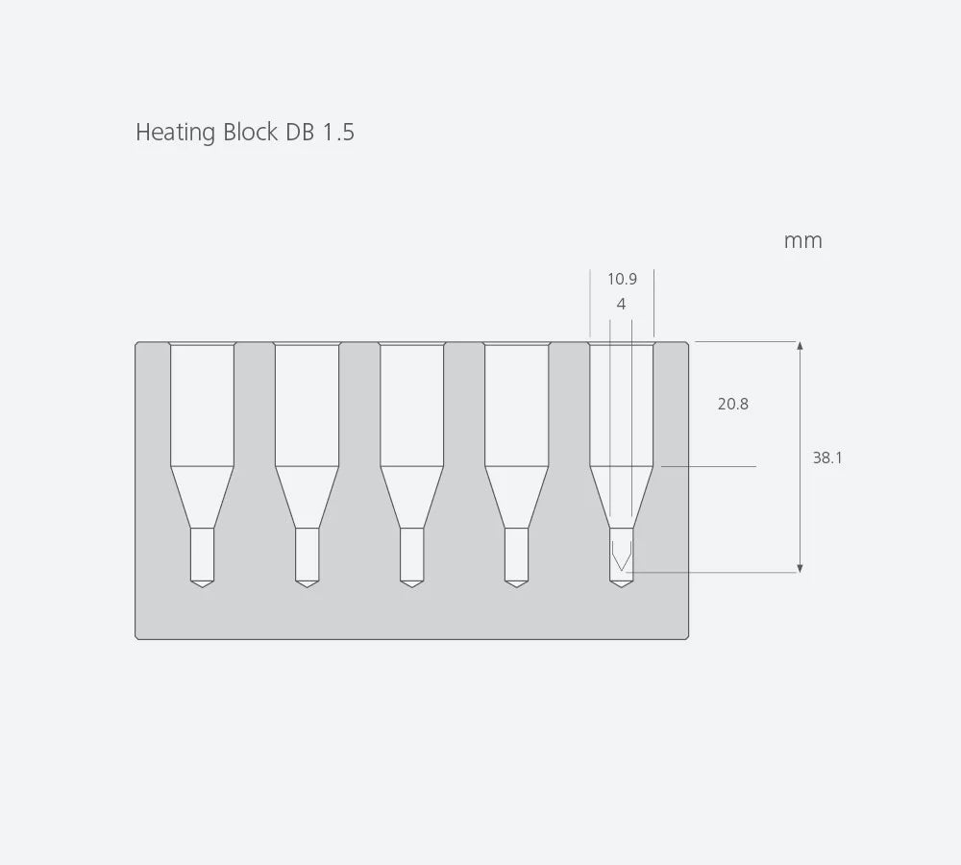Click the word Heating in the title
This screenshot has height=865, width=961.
176,133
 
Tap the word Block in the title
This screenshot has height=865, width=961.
250,133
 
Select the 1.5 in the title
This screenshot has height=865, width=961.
337,133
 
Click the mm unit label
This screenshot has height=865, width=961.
802,241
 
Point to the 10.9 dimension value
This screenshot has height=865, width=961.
622,280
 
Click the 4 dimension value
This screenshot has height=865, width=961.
622,304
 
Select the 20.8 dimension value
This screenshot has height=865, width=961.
732,405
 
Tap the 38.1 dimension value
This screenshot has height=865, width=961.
827,458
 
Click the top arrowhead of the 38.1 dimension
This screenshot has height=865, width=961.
800,346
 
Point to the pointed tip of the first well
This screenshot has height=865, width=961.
202,584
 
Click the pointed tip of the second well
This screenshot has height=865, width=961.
307,584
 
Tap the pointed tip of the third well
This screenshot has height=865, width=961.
411,584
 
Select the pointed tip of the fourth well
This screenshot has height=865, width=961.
516,584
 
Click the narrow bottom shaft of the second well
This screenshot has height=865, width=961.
307,554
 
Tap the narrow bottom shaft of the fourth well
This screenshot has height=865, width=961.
516,554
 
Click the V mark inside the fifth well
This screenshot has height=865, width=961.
621,556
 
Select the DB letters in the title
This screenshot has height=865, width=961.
300,133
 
